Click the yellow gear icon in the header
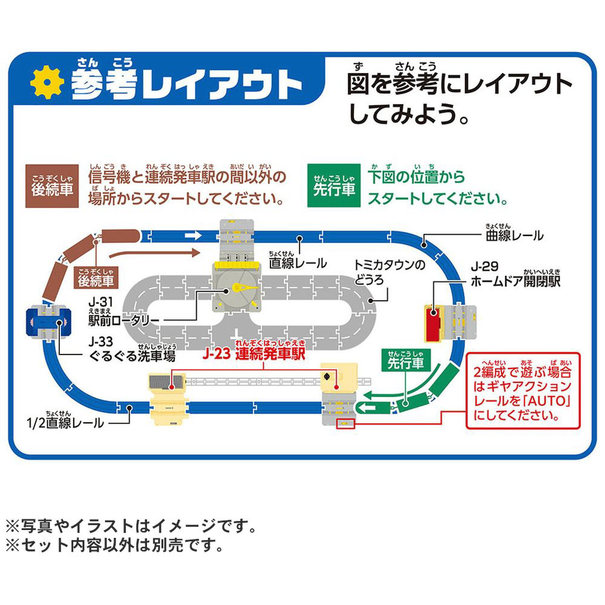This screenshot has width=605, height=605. tap(47, 83)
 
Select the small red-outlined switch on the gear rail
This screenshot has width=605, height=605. tap(344, 423)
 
